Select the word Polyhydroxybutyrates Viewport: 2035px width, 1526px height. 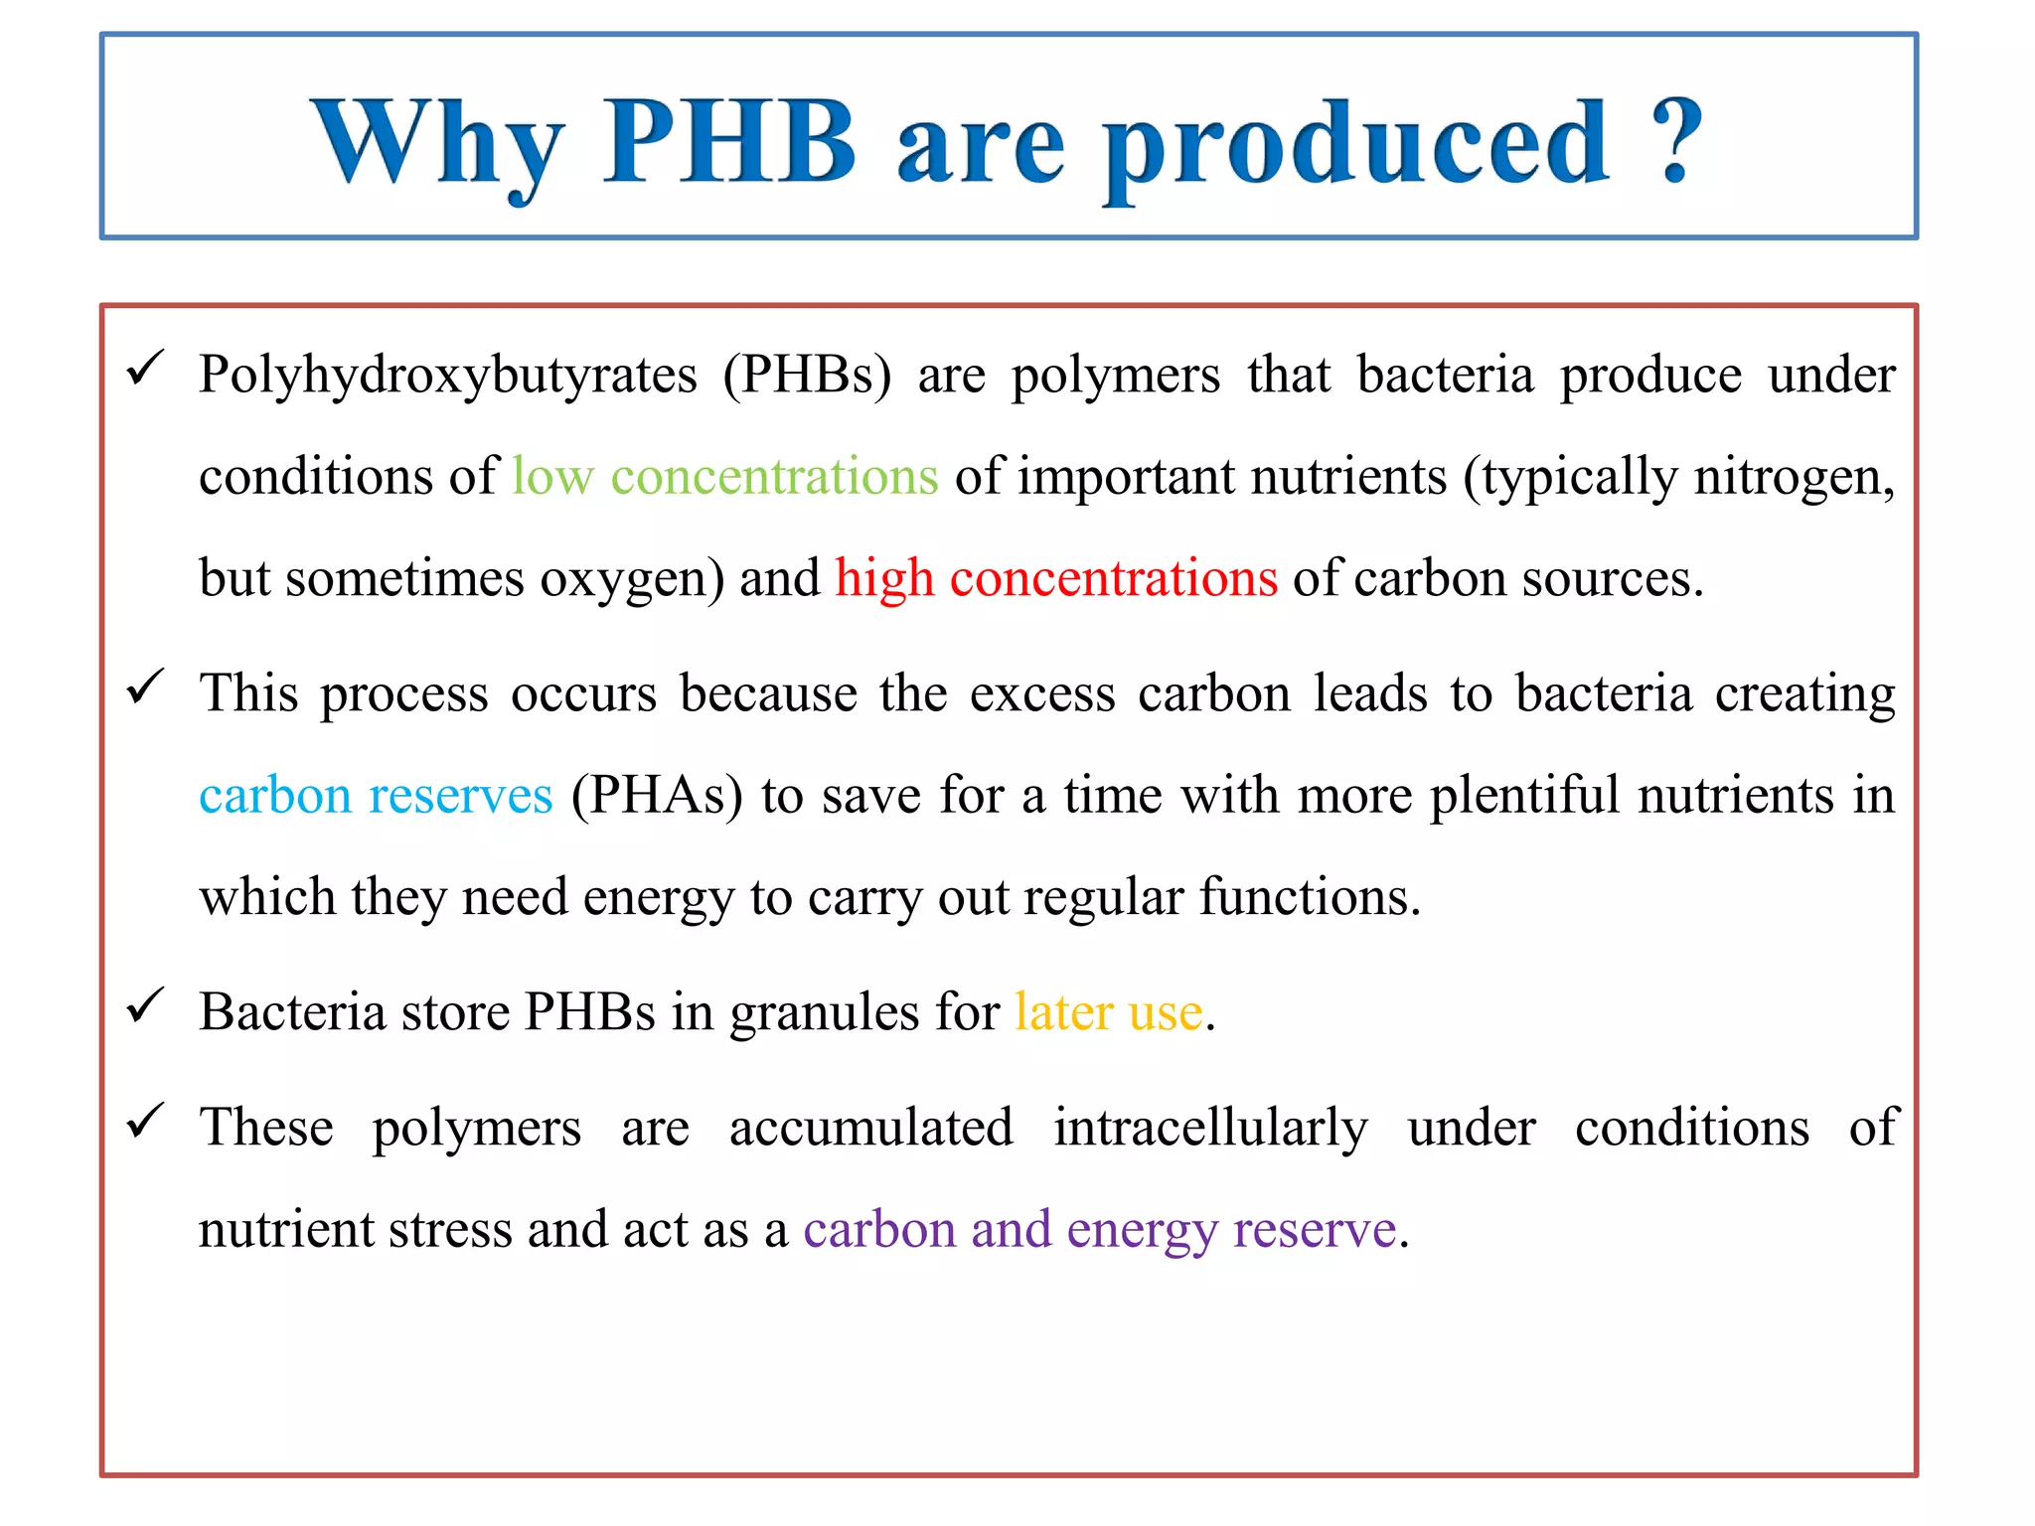447,377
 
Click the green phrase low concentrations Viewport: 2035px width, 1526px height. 724,477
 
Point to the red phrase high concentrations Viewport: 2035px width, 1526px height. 1055,578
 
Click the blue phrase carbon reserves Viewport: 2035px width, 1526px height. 376,796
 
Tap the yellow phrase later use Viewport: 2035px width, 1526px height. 1108,1012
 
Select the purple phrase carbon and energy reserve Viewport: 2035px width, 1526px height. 1100,1230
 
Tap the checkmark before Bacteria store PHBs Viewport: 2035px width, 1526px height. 145,1005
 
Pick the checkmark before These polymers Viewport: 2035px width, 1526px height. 145,1122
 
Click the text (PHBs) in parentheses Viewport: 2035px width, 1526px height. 807,377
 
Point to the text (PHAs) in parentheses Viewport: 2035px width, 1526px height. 657,796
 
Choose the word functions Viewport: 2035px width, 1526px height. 1309,897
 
